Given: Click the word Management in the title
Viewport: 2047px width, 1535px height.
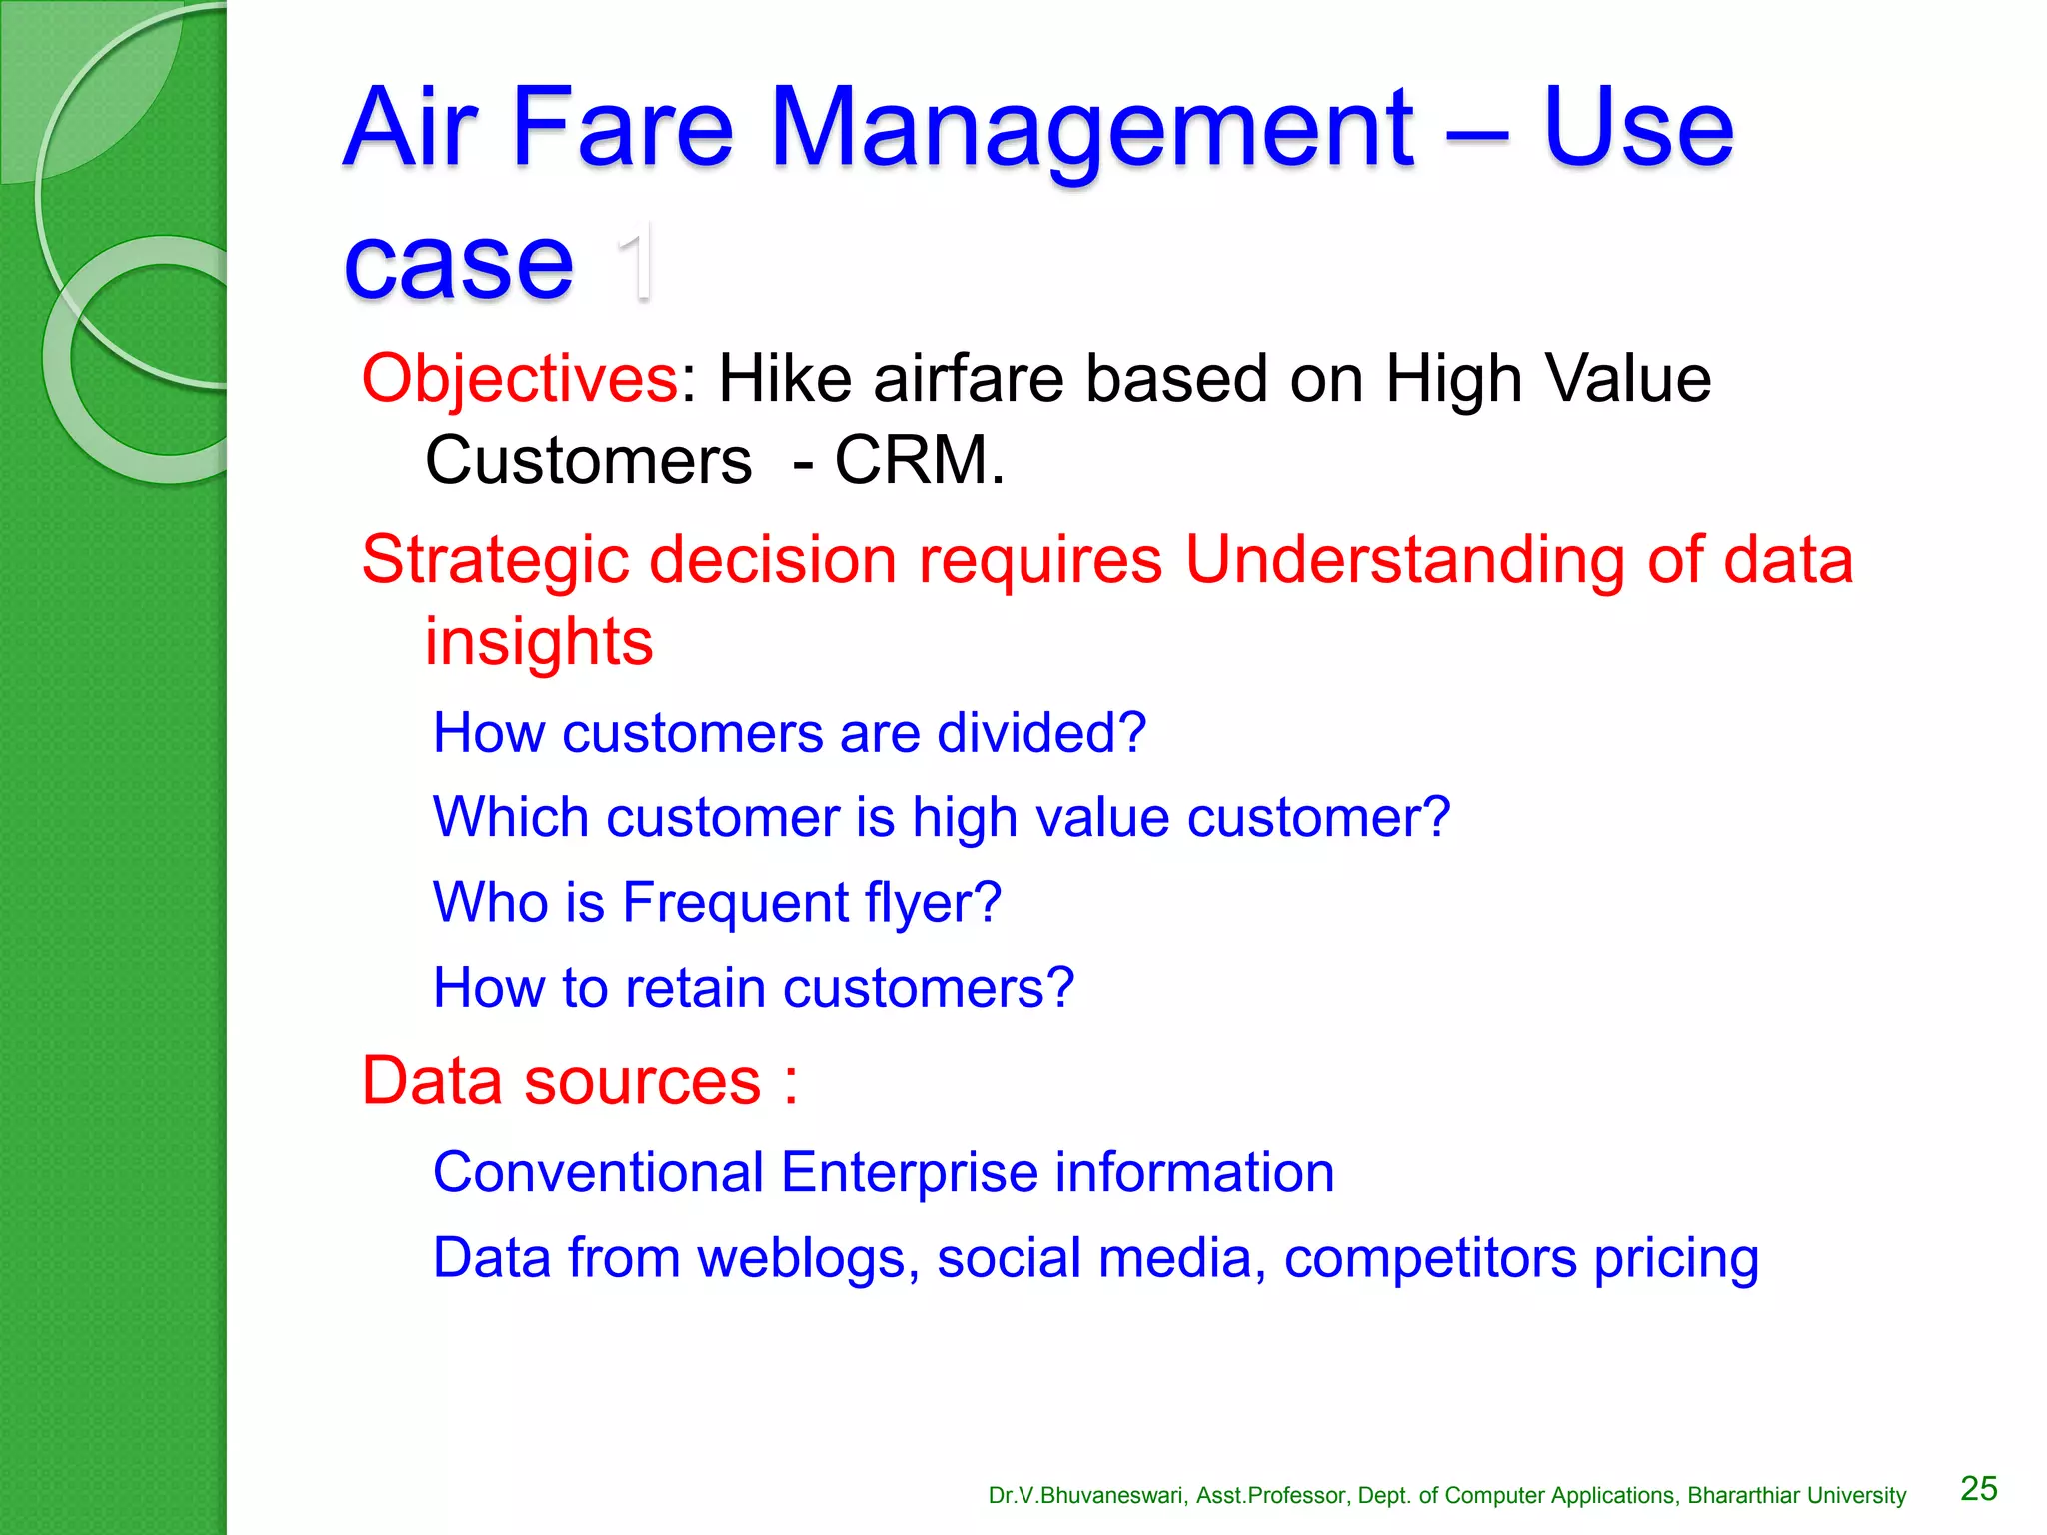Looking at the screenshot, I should [x=1091, y=130].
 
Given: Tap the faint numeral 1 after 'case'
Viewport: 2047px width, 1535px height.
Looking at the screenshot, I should [x=636, y=262].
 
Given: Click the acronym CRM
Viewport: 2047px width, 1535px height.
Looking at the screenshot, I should [x=918, y=461].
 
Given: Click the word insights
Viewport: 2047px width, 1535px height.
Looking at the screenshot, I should [x=539, y=641].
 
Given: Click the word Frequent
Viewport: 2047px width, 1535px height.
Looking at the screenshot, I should [x=735, y=903].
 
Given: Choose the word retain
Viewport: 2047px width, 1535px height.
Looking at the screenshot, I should [x=695, y=988].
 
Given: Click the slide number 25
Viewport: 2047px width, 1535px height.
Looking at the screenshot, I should [x=1978, y=1489].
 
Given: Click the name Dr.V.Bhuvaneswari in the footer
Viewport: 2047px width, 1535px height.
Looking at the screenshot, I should [x=1086, y=1496].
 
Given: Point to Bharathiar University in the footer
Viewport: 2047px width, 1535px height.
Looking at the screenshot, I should [x=1796, y=1496].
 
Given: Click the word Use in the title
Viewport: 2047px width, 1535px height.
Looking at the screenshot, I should [x=1637, y=130].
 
